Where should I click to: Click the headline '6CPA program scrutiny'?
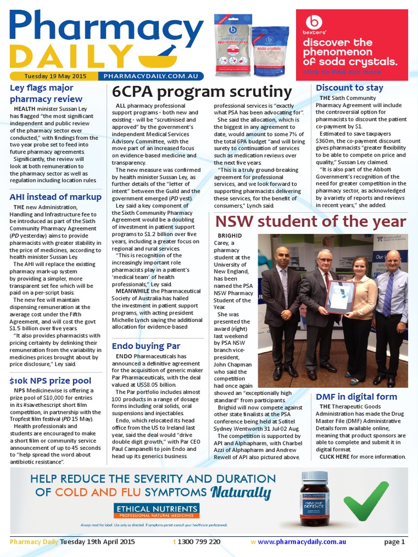click(x=201, y=91)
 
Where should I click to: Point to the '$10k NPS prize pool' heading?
click(x=50, y=381)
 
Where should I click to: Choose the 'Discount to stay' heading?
click(x=349, y=87)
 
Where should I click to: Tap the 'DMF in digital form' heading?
click(x=356, y=397)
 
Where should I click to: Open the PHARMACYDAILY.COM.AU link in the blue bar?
click(x=150, y=77)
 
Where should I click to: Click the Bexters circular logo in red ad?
click(x=314, y=22)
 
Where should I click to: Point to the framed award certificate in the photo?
click(x=340, y=296)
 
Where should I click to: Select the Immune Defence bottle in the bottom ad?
click(x=315, y=498)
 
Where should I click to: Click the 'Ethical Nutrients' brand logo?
click(x=156, y=510)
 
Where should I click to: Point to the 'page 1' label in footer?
click(x=394, y=542)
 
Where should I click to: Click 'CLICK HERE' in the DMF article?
click(x=334, y=456)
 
